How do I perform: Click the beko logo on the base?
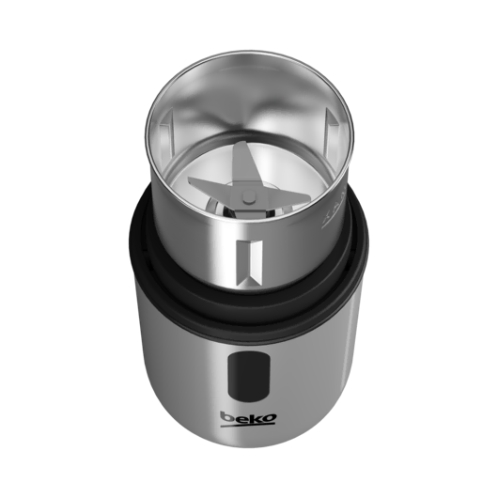click(248, 419)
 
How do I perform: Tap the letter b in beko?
click(226, 416)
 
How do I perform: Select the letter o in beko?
click(270, 418)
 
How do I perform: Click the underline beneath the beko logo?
click(248, 425)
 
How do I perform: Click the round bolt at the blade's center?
click(249, 197)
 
